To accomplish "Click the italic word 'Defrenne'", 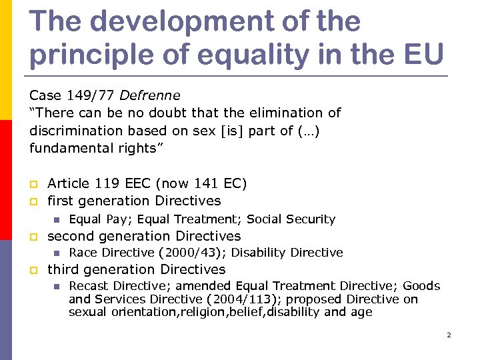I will point(150,95).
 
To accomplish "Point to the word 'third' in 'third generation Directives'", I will point(63,270).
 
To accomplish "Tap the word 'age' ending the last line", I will point(361,312).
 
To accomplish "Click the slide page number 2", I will point(449,335).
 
